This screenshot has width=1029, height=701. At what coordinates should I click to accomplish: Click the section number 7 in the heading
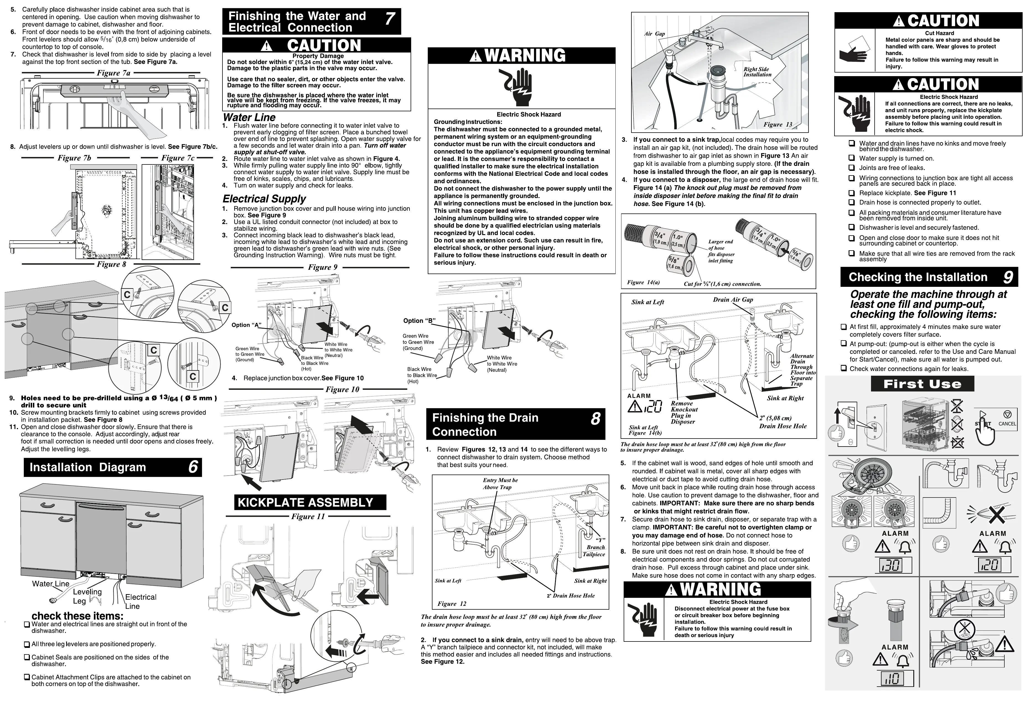[x=389, y=19]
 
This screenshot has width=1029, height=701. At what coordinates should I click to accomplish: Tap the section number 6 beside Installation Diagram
[x=193, y=467]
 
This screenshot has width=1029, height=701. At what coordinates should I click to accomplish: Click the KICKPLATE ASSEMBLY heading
[x=305, y=502]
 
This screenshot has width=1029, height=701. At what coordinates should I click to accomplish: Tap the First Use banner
[x=922, y=384]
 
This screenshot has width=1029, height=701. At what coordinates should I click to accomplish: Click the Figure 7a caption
[x=113, y=73]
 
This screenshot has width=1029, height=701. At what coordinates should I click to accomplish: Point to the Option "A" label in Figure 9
[x=246, y=325]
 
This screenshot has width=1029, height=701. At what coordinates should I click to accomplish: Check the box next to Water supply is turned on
[x=851, y=158]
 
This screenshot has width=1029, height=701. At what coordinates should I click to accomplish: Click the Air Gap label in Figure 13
[x=654, y=34]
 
